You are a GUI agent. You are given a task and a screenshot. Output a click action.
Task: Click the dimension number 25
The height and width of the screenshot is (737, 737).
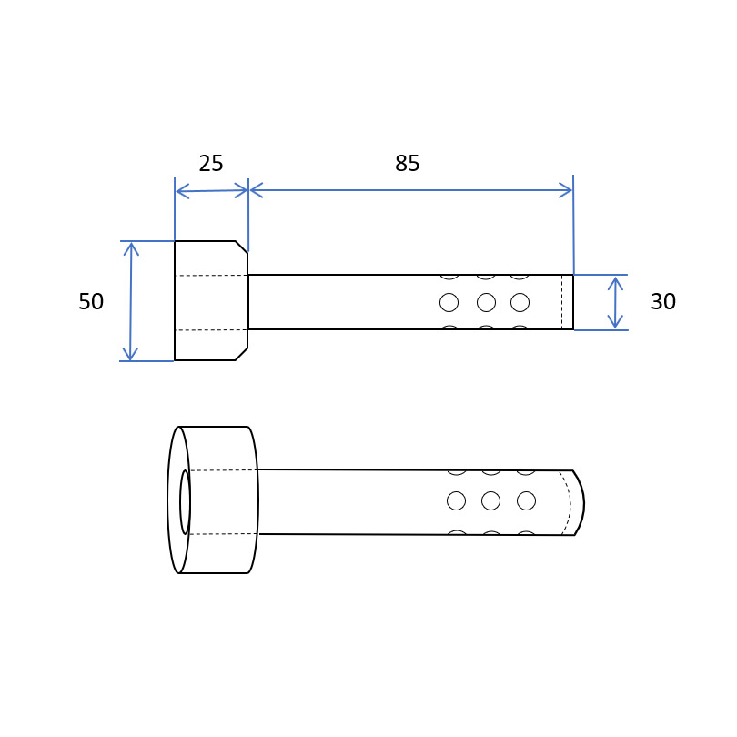[210, 163]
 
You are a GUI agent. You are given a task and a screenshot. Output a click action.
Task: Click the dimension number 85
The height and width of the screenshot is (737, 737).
[407, 163]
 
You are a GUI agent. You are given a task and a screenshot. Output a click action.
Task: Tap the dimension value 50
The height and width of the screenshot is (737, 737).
[91, 301]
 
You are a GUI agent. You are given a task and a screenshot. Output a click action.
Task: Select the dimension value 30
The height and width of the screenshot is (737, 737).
[663, 301]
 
